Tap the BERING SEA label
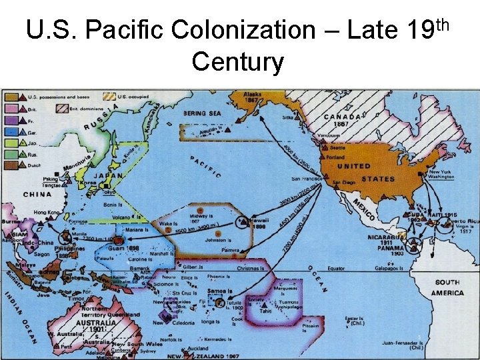(x=203, y=113)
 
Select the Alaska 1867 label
(x=253, y=99)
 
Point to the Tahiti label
(x=265, y=311)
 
